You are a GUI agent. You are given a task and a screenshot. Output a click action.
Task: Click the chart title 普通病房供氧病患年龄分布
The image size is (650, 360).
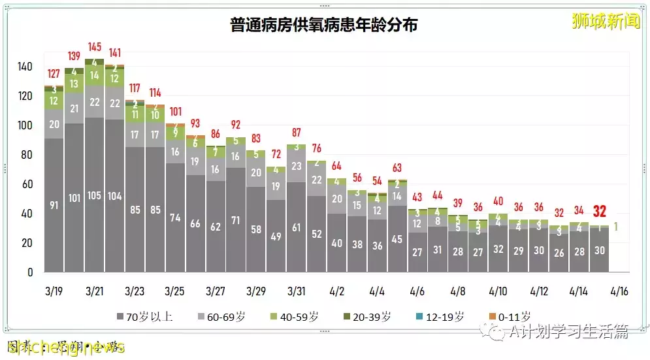coord(325,25)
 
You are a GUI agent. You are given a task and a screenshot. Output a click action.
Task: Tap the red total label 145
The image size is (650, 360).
coord(94,47)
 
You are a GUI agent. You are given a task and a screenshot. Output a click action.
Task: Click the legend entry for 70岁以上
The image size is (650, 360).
coord(145,317)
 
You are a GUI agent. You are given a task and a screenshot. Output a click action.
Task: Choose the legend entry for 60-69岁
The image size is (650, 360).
coord(223,317)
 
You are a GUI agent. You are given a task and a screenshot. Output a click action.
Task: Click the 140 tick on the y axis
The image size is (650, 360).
coord(25,67)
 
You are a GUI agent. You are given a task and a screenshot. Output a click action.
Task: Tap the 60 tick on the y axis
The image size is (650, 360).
coord(28,184)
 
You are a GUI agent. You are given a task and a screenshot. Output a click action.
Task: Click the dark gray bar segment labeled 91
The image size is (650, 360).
coord(54,205)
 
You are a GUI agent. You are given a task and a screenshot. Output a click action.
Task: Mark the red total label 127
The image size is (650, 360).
coord(54,74)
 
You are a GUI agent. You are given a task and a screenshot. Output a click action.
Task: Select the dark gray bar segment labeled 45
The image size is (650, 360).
coord(397,239)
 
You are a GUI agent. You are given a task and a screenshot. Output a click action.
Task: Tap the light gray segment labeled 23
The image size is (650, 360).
coord(296,166)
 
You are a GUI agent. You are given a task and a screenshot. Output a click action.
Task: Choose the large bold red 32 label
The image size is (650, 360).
coord(599,211)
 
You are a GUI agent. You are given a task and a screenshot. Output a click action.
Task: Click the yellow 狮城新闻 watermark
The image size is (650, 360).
coord(597,20)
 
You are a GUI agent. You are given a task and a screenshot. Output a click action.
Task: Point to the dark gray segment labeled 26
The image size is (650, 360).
coord(559,253)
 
